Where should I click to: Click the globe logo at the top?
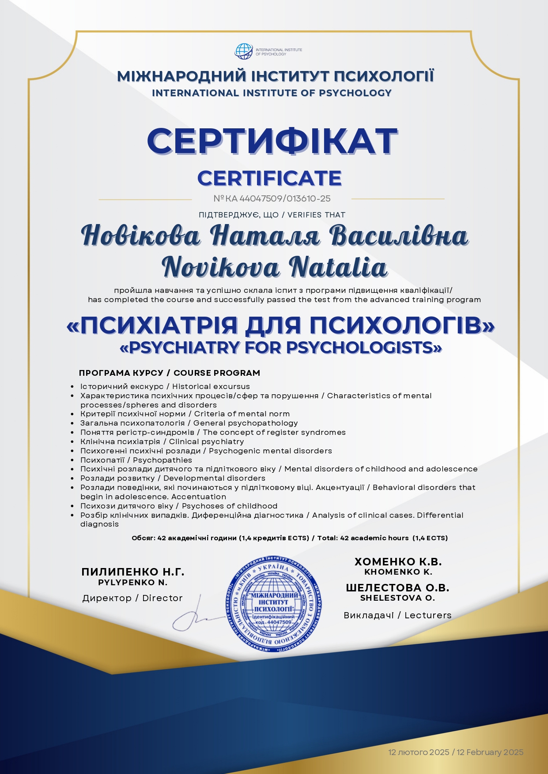click(243, 52)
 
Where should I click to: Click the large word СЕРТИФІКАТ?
click(272, 141)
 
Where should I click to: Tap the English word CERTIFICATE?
click(269, 178)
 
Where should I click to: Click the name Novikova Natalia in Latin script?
click(275, 267)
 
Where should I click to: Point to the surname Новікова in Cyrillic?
click(140, 236)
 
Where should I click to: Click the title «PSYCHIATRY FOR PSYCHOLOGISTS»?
click(281, 348)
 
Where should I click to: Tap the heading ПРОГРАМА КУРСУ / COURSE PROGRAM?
click(170, 373)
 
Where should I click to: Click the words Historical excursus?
click(211, 387)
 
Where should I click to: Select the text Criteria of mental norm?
click(242, 414)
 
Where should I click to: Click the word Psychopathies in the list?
click(163, 460)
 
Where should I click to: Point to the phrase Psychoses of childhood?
click(230, 506)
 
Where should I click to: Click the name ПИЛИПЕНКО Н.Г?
click(133, 572)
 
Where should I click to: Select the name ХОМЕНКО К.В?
click(398, 562)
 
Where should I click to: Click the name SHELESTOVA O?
click(397, 598)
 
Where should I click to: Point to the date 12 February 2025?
click(490, 752)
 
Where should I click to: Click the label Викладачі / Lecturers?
click(397, 615)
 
